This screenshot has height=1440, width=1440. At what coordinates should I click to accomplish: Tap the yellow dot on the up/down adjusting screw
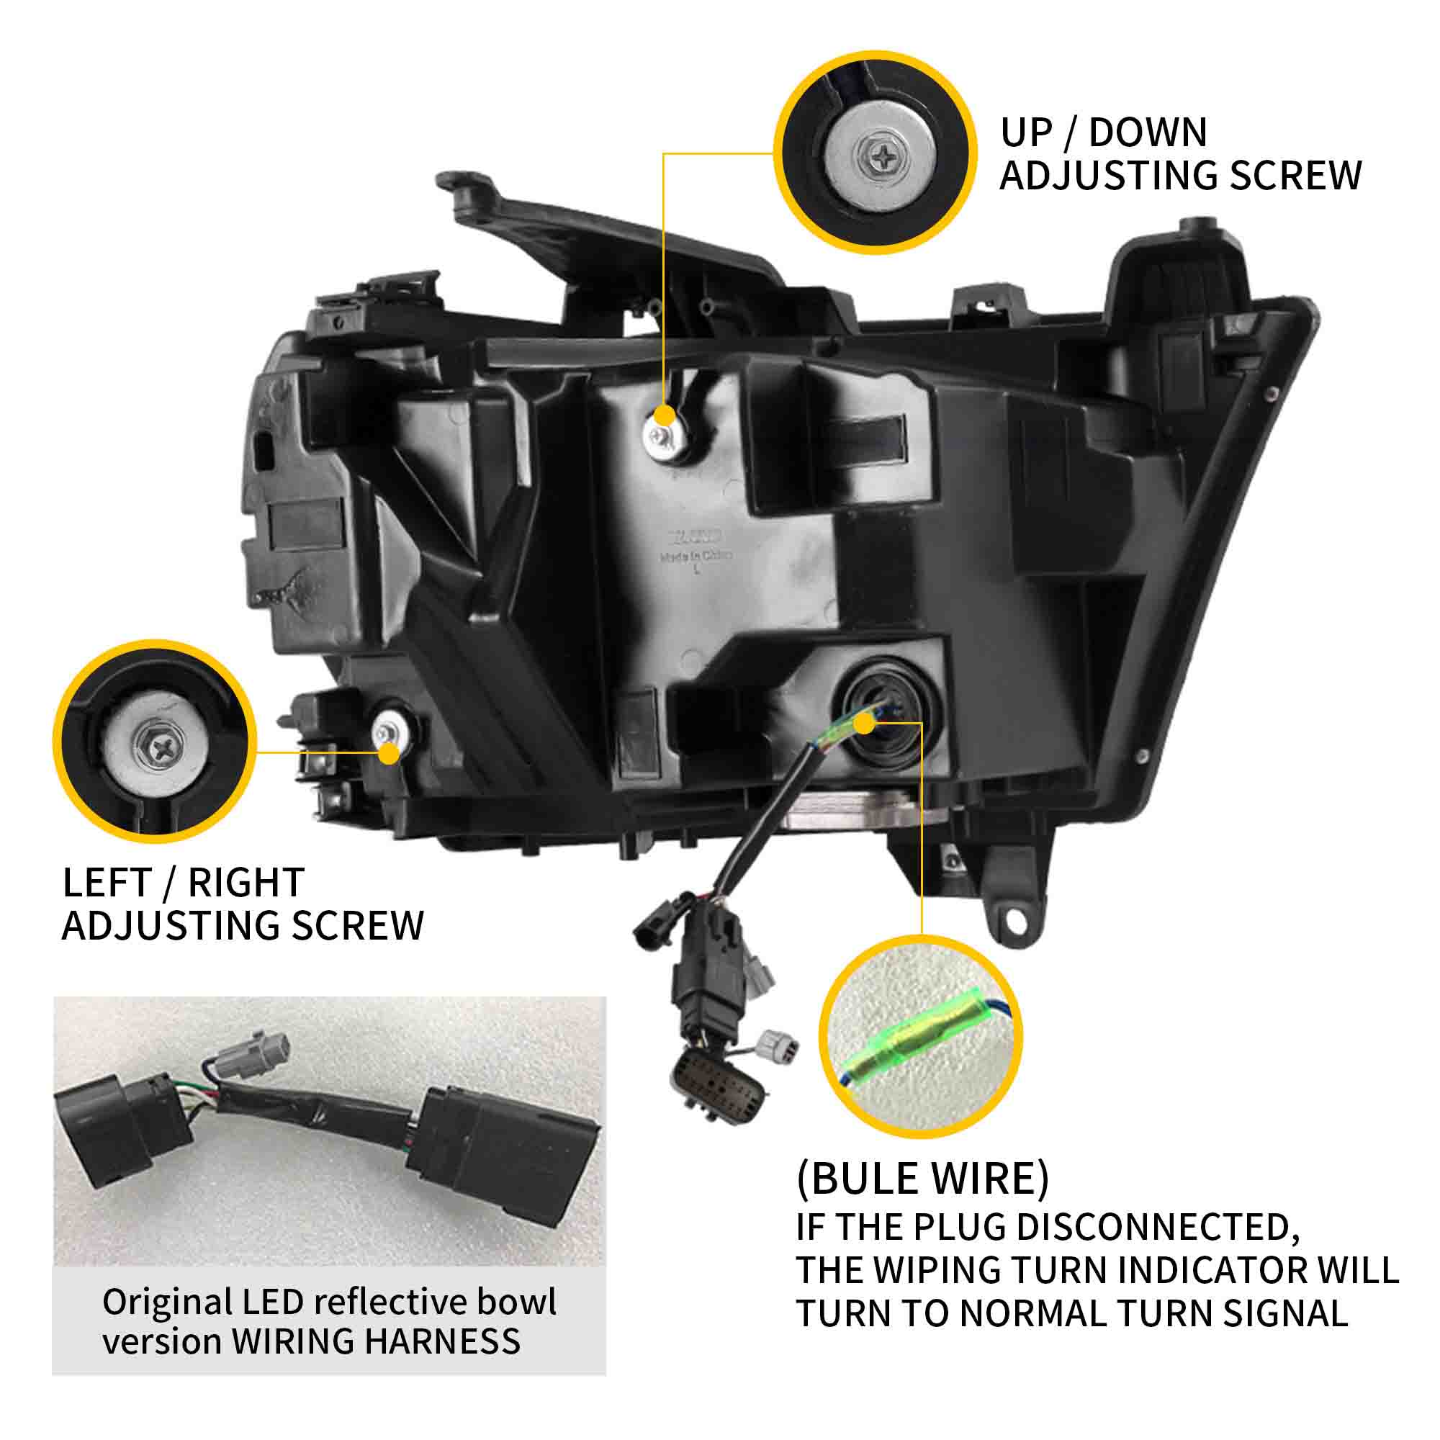coord(665,416)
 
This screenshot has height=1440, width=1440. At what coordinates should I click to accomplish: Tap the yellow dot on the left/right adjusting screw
coord(389,753)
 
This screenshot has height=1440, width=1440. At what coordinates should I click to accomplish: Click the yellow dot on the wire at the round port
coord(865,722)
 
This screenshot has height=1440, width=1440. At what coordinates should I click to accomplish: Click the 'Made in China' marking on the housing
coord(696,556)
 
